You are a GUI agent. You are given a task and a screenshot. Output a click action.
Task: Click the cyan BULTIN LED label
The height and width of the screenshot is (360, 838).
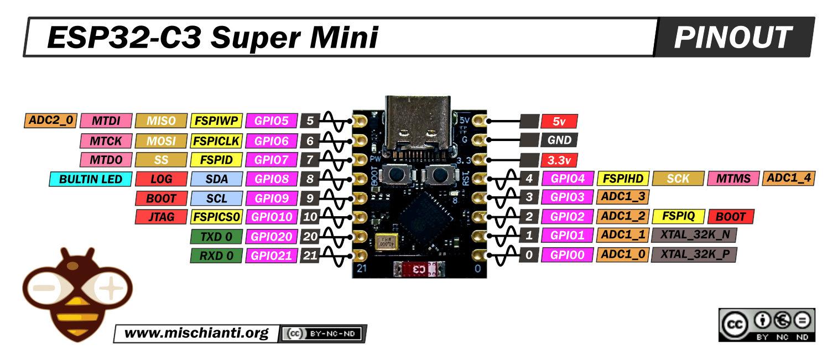coord(91,179)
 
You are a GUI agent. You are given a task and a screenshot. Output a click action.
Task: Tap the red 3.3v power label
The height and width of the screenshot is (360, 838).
coord(560,160)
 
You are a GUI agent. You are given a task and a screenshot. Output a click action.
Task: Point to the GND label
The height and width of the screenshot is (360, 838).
coord(560,140)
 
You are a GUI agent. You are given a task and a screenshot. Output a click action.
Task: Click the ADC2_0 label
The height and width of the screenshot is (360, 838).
coord(50,121)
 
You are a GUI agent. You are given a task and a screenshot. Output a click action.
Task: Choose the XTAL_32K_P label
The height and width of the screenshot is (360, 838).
coord(694,254)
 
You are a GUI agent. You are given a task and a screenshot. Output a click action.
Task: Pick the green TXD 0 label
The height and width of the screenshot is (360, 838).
coord(216,237)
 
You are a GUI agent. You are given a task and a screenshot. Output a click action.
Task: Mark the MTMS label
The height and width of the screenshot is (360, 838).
coord(733,179)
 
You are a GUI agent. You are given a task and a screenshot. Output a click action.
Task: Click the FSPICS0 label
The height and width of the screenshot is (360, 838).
coord(216,217)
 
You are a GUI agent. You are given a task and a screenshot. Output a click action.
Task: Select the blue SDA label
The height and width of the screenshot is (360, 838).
coord(216,179)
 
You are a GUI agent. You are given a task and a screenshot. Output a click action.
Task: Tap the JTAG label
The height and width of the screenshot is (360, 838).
coord(161,217)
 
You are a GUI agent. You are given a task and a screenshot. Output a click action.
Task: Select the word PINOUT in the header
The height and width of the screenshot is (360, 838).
coord(732,38)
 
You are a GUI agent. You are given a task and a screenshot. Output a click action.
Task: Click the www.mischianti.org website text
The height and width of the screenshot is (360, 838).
coord(196,333)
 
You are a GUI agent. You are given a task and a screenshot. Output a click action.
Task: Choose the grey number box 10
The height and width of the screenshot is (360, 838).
coord(310,217)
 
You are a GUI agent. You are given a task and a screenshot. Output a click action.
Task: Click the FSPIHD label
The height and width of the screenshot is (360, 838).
coord(622,179)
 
